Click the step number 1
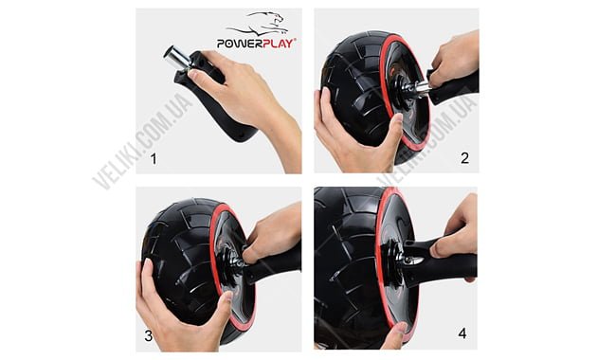coord(154,158)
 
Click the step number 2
coord(464,158)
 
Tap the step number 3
coord(148,335)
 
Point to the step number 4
coord(462,333)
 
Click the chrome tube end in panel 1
coord(176,58)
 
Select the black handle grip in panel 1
coord(213,99)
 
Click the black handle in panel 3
coord(272,267)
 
